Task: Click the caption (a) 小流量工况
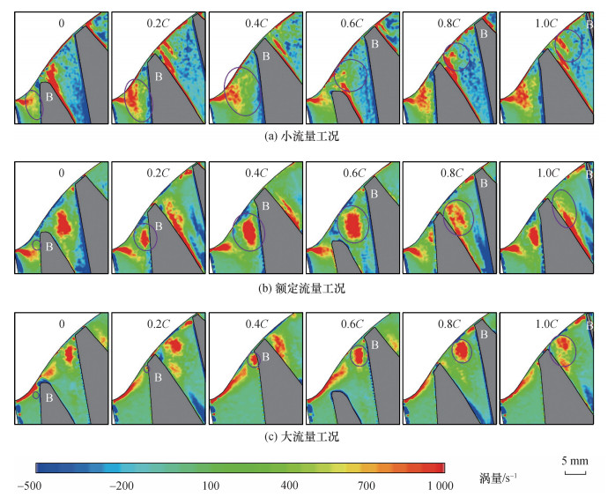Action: (301, 136)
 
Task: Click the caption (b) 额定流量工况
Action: (301, 287)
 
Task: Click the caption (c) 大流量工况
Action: (301, 436)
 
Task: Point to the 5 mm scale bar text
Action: (574, 461)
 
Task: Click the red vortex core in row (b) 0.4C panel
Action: (249, 231)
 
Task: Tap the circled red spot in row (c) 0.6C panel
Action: (359, 356)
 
